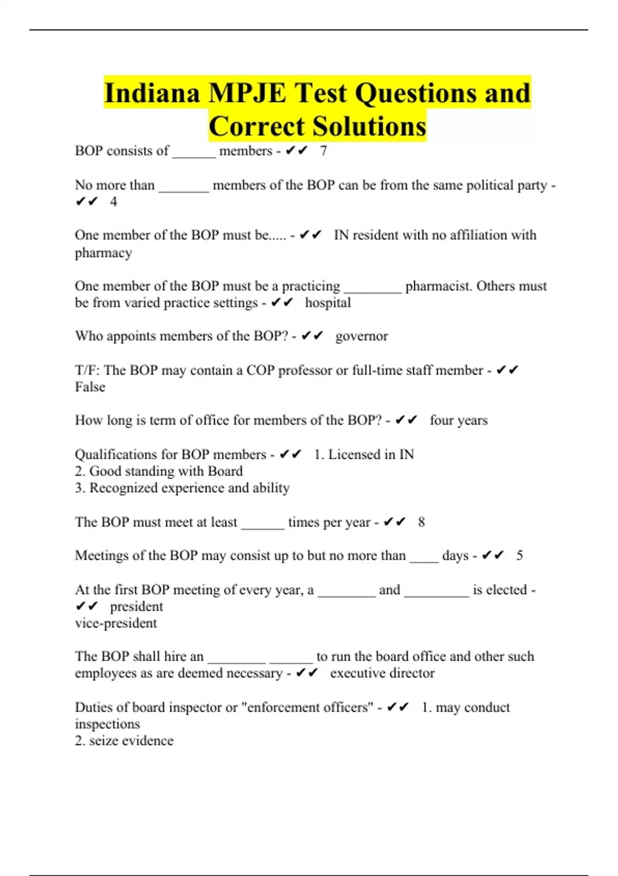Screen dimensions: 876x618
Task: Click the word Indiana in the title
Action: click(x=152, y=93)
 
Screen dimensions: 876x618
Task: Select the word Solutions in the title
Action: click(x=369, y=127)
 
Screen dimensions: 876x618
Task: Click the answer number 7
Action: click(x=323, y=151)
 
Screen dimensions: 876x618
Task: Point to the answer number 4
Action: click(x=113, y=201)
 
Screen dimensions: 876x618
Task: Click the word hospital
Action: click(x=328, y=302)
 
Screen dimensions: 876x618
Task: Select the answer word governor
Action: click(x=362, y=336)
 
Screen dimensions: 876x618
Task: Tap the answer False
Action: click(x=90, y=387)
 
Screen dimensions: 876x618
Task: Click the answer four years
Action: click(x=458, y=420)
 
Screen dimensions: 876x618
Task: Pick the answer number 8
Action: click(x=421, y=522)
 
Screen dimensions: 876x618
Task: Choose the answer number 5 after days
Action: click(x=520, y=555)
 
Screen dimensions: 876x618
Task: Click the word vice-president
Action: click(x=116, y=623)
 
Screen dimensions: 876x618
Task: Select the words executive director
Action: click(x=382, y=673)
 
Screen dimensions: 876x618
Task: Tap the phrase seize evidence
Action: click(x=131, y=741)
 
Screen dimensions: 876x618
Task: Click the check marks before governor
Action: click(x=312, y=336)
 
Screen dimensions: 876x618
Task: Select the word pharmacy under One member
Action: click(x=104, y=253)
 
